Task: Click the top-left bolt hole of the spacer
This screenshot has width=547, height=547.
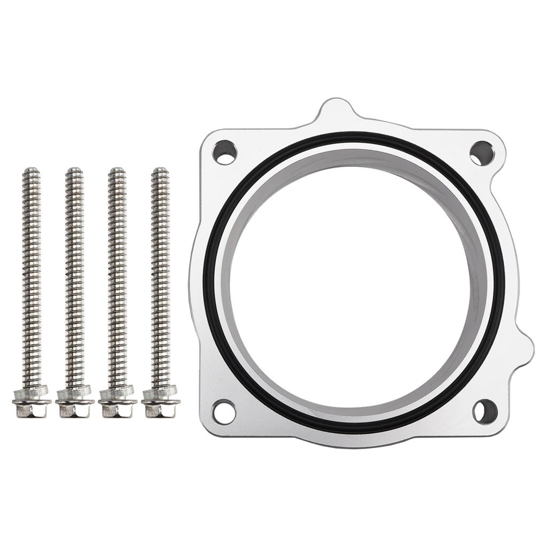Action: point(224,152)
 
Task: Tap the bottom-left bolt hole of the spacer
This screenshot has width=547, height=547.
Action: point(224,412)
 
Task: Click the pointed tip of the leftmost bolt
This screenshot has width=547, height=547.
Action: point(31,169)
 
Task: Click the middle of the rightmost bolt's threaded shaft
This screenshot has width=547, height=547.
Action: point(160,278)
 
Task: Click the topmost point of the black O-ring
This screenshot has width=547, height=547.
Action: point(359,134)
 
